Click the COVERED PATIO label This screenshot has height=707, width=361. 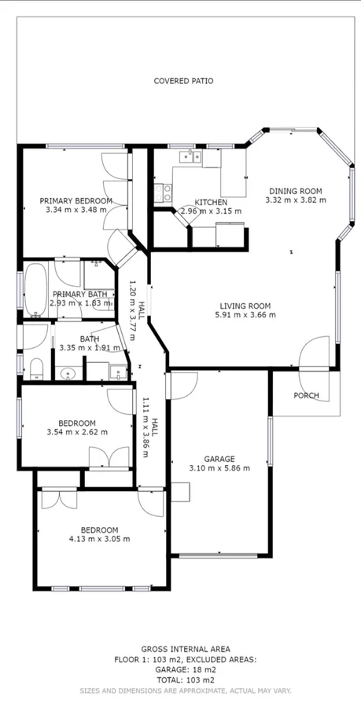183,81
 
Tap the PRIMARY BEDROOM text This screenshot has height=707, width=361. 76,201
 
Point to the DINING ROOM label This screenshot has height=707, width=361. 296,191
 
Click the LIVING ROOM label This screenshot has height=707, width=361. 245,306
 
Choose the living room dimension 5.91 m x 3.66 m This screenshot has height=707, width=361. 245,316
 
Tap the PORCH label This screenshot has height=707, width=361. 306,395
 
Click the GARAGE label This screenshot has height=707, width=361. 219,459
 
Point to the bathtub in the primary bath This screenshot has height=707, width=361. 35,289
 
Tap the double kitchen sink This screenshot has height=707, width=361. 189,156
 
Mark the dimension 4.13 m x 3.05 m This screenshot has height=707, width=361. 99,539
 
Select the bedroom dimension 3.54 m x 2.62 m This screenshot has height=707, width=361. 77,432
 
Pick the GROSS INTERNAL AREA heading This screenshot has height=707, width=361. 186,649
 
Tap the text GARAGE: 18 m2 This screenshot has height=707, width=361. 186,670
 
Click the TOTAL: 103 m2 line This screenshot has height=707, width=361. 186,680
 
